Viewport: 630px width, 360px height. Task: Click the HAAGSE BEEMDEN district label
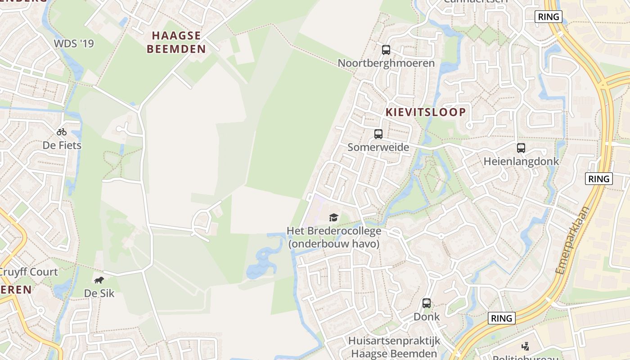pos(176,42)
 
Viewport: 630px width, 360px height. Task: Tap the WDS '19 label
pos(74,44)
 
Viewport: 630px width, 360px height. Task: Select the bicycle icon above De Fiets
pos(62,132)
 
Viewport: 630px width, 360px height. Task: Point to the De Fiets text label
pos(62,145)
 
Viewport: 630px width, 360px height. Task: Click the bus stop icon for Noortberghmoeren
pos(386,50)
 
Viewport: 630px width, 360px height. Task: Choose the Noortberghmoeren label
pos(386,63)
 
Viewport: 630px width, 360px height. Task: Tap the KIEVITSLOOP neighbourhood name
pos(426,112)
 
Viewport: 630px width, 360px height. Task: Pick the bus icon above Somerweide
pos(378,134)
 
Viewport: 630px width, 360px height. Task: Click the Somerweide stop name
pos(378,147)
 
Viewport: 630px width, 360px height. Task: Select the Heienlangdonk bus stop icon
pos(521,148)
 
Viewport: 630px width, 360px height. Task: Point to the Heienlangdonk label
pos(521,162)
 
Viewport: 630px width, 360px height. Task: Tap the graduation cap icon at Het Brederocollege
pos(333,218)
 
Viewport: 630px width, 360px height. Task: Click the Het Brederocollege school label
pos(334,237)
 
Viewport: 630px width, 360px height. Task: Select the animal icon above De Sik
pos(99,280)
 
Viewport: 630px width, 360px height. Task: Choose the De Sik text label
pos(99,293)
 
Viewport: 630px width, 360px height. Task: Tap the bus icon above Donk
pos(427,303)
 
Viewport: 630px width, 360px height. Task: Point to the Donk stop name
pos(427,316)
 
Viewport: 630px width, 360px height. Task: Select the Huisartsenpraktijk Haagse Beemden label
pos(394,347)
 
